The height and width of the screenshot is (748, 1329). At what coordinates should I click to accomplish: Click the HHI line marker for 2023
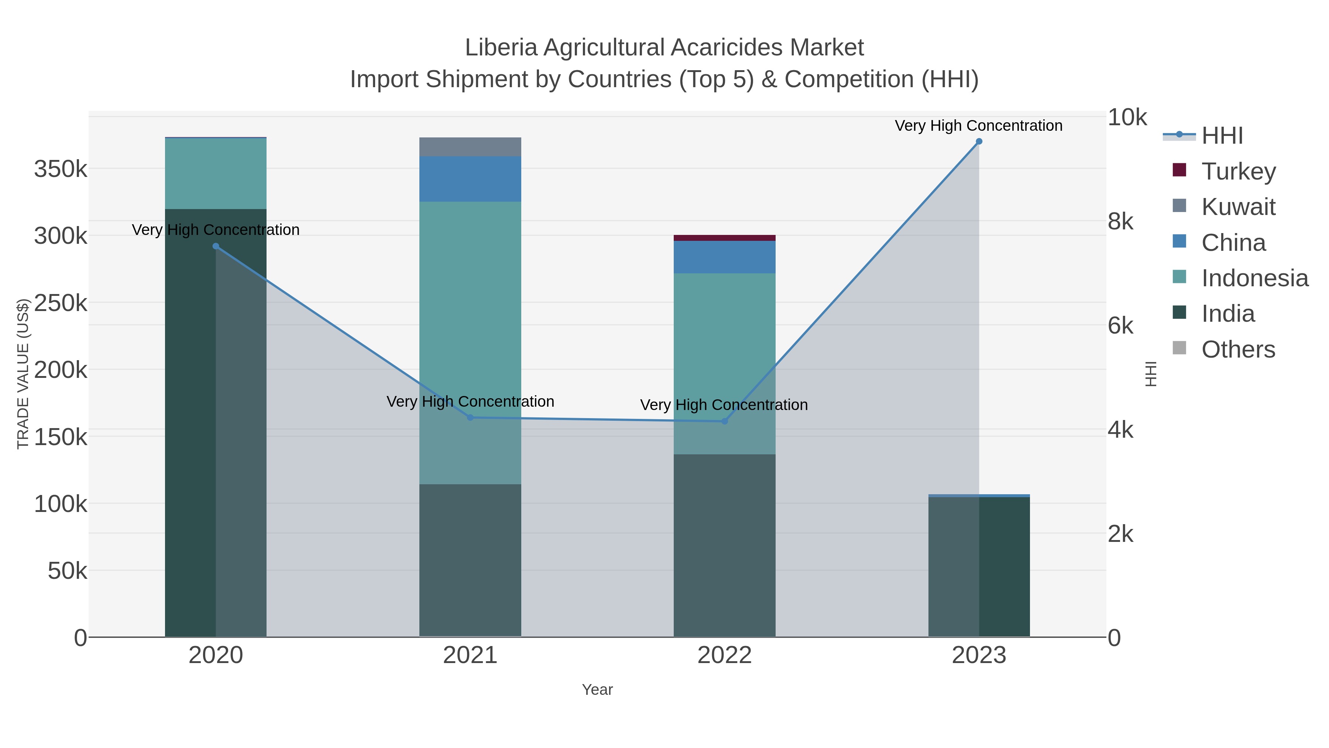point(979,141)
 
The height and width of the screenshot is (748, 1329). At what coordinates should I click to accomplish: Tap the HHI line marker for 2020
point(216,246)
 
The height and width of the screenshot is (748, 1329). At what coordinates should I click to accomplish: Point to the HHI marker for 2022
point(724,421)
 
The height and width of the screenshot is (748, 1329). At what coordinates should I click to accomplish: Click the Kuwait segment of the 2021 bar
point(470,147)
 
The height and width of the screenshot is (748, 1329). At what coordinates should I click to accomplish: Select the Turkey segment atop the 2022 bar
point(724,238)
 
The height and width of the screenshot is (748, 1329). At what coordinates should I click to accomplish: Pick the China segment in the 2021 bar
point(470,179)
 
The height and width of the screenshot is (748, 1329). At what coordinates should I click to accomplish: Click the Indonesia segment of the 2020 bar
point(216,174)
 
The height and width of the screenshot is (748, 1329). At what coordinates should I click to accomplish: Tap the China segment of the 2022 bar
point(724,257)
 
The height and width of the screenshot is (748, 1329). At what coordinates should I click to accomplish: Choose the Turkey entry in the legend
point(1238,171)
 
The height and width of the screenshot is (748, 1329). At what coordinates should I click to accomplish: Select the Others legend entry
point(1238,349)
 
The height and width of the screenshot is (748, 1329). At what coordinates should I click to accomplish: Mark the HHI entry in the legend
point(1222,136)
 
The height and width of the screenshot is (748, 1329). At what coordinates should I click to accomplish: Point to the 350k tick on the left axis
point(61,169)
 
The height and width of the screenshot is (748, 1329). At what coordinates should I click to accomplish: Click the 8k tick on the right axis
point(1120,222)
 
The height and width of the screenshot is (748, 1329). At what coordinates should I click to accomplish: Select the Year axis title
point(597,690)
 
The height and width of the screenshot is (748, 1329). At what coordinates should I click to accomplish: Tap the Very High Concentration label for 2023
point(978,126)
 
